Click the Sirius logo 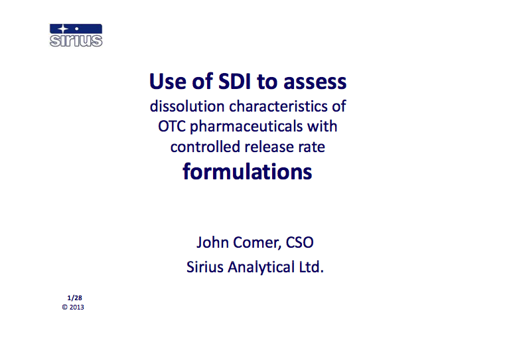tap(76, 35)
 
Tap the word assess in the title tap(315, 82)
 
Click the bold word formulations tap(248, 171)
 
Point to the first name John tap(212, 243)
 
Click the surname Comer tap(257, 243)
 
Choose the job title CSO tap(299, 243)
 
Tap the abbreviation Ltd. tap(310, 268)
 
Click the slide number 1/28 tap(74, 298)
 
